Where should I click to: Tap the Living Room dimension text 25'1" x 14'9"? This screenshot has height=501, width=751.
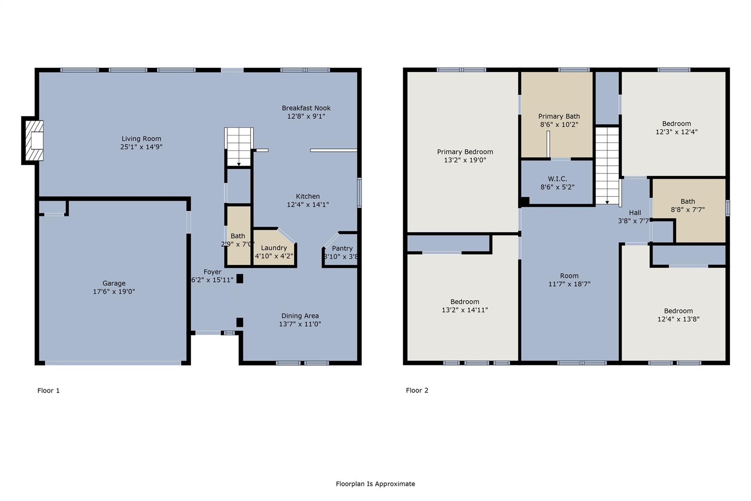(x=141, y=147)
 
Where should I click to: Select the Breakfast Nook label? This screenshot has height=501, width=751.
(x=306, y=108)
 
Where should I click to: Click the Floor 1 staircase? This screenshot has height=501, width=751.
(x=239, y=147)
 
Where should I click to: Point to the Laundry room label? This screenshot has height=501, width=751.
(x=274, y=248)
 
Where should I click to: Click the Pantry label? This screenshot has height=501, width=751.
(x=342, y=248)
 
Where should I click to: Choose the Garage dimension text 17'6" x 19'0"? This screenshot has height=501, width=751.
(x=114, y=291)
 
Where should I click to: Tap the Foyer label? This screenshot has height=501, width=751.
(x=212, y=272)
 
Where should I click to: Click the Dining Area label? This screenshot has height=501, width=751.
(x=300, y=316)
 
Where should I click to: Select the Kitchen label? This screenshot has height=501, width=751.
(x=308, y=196)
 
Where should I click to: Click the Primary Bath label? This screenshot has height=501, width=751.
(x=559, y=116)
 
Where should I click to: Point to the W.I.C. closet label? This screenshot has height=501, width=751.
(x=557, y=179)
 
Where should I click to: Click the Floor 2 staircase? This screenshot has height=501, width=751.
(x=607, y=165)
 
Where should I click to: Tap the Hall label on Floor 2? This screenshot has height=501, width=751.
(x=635, y=213)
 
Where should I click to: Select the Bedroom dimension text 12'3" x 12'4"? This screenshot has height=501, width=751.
(x=676, y=132)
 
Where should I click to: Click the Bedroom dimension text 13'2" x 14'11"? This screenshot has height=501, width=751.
(x=465, y=310)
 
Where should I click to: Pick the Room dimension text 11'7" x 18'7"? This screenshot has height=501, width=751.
(x=569, y=284)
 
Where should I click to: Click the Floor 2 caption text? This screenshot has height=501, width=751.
(x=417, y=390)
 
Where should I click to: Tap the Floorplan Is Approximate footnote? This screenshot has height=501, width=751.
(x=375, y=484)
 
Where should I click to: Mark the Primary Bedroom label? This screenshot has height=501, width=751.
(x=465, y=152)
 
